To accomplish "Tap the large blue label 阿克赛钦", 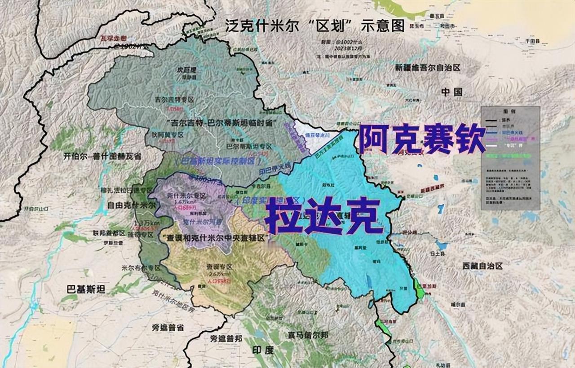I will [x=422, y=139].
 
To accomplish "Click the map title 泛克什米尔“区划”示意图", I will [x=314, y=25].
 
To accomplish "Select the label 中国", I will [x=451, y=92].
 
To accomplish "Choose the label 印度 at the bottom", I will [x=263, y=350].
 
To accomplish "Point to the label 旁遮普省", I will [x=168, y=328].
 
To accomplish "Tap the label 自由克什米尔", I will [x=126, y=205].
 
